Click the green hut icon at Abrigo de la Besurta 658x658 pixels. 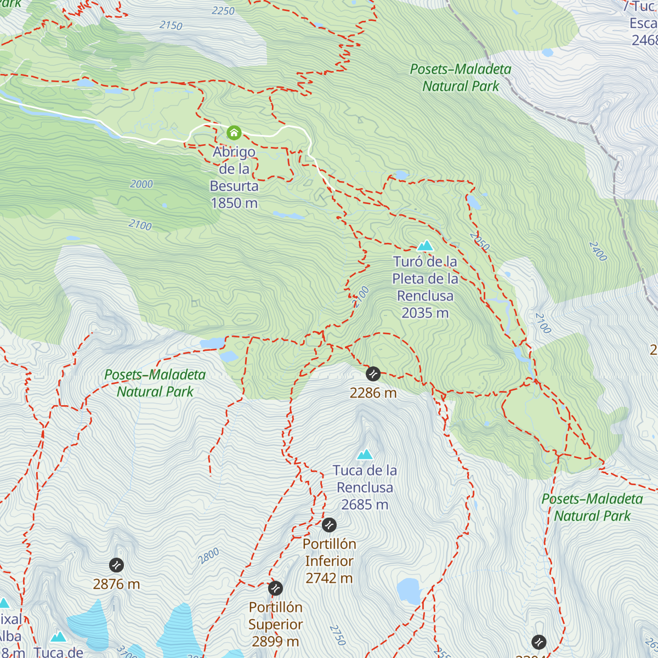pos(234,133)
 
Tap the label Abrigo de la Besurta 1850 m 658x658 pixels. pos(234,177)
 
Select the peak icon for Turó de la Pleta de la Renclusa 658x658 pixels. pos(426,245)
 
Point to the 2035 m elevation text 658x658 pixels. pos(425,313)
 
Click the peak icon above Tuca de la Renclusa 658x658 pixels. pos(365,454)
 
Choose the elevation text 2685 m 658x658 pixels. pos(365,504)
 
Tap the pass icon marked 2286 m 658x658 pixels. pos(373,374)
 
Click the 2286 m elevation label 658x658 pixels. pos(373,393)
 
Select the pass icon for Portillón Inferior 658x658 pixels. pos(329,525)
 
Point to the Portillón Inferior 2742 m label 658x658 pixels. pos(329,561)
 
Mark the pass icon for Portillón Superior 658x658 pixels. pos(275,588)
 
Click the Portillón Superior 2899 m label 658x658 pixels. pos(275,625)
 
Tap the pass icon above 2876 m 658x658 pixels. pos(116,565)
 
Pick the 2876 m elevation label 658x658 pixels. pos(116,584)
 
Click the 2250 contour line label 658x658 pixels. pos(223,11)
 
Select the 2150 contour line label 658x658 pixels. pos(171,25)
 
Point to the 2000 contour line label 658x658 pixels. pos(141,184)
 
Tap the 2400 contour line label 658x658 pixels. pos(598,251)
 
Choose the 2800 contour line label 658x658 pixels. pos(209,556)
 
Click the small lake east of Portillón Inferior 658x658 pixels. pos(409,591)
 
